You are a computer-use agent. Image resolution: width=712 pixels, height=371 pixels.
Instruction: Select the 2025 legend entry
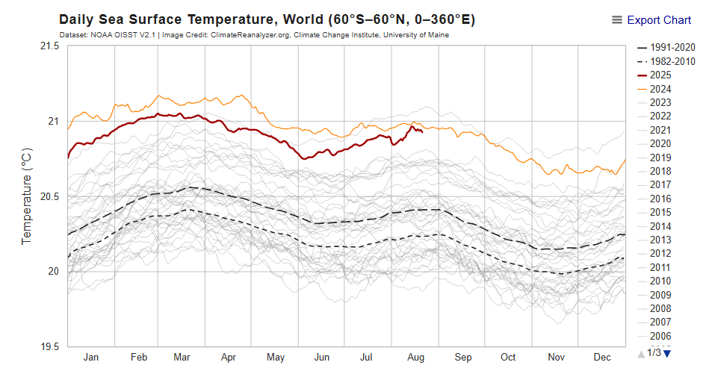tap(660, 75)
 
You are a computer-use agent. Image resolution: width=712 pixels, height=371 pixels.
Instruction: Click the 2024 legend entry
tap(660, 89)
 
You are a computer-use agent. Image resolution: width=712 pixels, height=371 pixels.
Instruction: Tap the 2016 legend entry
tap(660, 199)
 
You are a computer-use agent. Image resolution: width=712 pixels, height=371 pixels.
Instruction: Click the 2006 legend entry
tap(660, 336)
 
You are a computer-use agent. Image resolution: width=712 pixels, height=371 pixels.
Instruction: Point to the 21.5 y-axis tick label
tap(49, 46)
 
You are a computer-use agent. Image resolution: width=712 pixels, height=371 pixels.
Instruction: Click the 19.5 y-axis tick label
tap(49, 346)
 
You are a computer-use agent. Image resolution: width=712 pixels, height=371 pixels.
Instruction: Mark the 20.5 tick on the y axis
tap(49, 196)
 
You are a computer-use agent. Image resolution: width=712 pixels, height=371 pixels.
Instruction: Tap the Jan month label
tap(90, 358)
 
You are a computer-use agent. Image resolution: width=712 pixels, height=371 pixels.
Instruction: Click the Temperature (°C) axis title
tap(27, 196)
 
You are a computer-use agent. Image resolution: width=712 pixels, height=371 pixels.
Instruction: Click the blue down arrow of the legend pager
tap(668, 352)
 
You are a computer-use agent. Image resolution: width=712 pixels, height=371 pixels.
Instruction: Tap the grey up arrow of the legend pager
tap(640, 352)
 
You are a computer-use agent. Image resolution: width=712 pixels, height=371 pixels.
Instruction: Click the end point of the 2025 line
tap(423, 132)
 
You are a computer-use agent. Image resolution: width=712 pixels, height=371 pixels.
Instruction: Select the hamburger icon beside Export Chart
tap(617, 20)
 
